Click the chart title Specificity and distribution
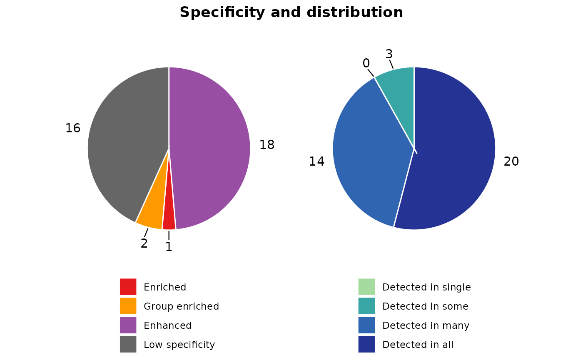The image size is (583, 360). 291,12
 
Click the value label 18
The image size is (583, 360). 267,145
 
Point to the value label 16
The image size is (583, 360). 72,128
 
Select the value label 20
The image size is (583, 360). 511,161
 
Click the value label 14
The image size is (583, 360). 316,161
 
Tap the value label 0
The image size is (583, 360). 366,63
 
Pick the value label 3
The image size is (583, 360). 389,54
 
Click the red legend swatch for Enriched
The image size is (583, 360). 128,287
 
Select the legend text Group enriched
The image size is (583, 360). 181,306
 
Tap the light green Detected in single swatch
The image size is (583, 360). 366,287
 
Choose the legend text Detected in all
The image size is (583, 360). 418,345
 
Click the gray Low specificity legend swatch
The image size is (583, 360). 128,344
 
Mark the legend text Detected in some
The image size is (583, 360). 425,306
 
